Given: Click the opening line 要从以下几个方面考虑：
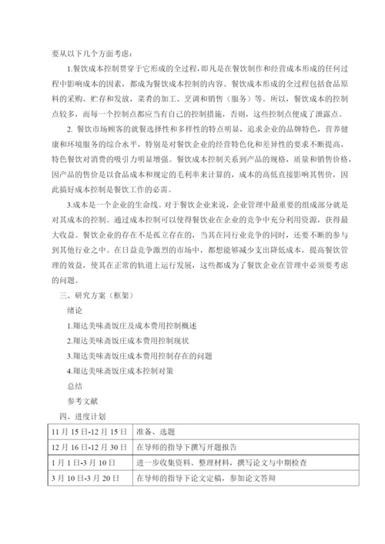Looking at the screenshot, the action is [x=92, y=54].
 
